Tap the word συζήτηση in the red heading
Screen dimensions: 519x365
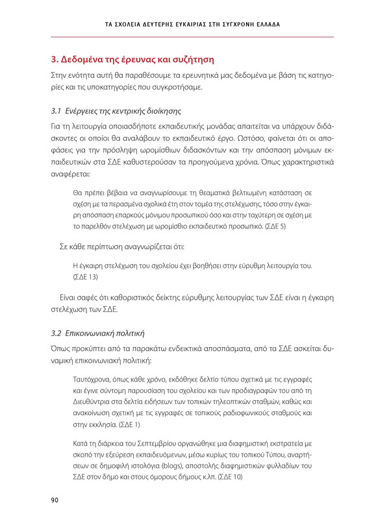coord(188,60)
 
